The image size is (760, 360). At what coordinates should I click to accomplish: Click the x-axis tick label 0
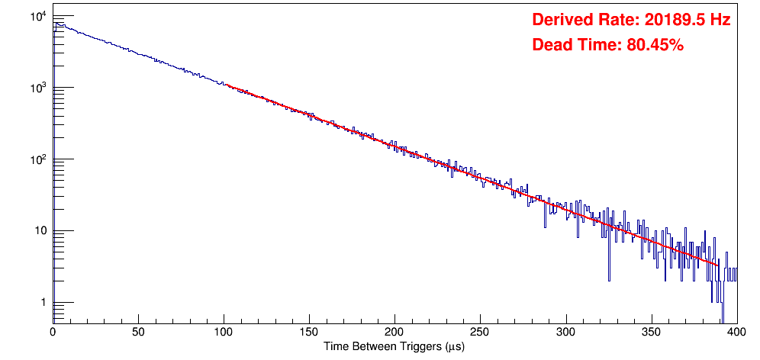point(53,333)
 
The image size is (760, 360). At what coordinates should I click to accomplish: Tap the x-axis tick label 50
point(138,333)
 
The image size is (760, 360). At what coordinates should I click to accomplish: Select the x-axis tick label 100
point(224,333)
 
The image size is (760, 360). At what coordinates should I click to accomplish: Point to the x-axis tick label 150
point(309,333)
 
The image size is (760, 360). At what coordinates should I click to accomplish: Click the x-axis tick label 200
point(394,333)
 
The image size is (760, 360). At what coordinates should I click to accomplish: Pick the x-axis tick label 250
point(480,333)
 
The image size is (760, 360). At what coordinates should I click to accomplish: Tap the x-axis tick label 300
point(565,333)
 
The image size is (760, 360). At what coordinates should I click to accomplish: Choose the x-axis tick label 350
point(651,333)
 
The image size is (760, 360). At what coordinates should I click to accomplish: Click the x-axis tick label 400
point(736,333)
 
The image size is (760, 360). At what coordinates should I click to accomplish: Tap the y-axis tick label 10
point(41,231)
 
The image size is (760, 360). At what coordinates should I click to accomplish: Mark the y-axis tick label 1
point(44,303)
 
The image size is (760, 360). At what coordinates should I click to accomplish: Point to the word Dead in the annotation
point(551,46)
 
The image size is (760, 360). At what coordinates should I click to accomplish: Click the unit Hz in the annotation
point(720,21)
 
